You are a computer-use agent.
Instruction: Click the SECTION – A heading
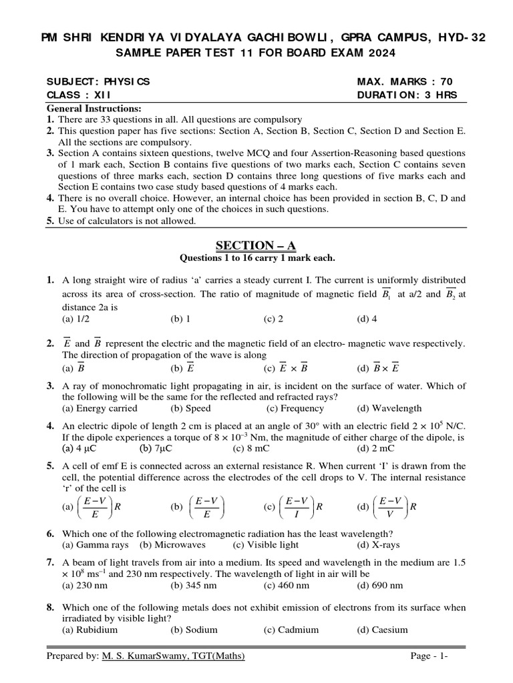(257, 246)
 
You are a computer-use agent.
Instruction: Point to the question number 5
(51, 466)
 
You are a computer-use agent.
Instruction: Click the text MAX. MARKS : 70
(405, 81)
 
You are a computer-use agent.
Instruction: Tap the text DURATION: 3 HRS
(407, 95)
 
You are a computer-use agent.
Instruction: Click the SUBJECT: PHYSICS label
(99, 81)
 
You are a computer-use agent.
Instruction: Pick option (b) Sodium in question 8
(189, 630)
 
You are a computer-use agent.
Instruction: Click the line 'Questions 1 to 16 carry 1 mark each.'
(257, 258)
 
